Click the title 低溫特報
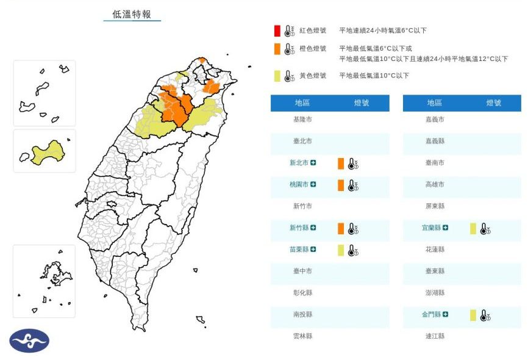click(x=132, y=14)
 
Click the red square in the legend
click(x=277, y=31)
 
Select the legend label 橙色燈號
click(x=313, y=48)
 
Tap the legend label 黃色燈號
click(x=313, y=76)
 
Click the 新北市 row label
click(x=299, y=163)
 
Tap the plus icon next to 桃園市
click(x=313, y=184)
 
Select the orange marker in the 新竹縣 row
click(x=341, y=228)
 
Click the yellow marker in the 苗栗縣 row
click(x=341, y=250)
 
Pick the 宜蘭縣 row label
click(x=431, y=228)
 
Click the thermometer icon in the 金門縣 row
click(x=485, y=315)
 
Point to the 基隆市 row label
click(x=302, y=120)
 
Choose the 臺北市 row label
click(x=302, y=141)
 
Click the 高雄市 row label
click(x=435, y=184)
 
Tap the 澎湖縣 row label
click(x=435, y=293)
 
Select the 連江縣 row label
click(x=435, y=336)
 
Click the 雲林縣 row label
click(x=302, y=336)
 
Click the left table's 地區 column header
click(x=302, y=103)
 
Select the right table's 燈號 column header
click(x=494, y=103)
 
